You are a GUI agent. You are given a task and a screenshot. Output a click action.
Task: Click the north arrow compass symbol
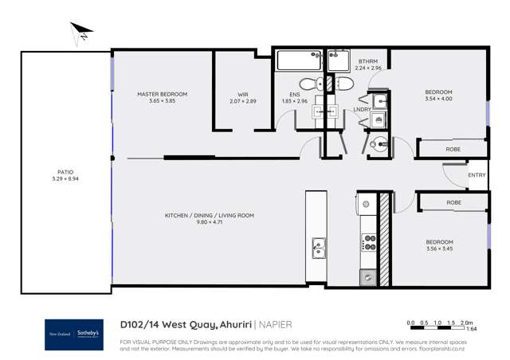click(81, 33)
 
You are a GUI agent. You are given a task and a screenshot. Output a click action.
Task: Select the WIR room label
click(243, 94)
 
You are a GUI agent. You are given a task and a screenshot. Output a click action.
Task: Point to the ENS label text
click(295, 94)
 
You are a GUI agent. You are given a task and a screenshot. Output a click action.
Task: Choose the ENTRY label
click(477, 175)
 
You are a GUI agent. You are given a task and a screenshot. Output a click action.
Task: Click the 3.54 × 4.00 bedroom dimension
click(438, 100)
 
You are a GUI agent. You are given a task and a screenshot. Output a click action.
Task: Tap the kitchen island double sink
click(318, 249)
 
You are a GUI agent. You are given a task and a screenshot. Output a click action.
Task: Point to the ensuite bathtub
click(297, 60)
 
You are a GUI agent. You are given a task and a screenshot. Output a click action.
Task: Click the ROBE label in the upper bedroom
click(453, 149)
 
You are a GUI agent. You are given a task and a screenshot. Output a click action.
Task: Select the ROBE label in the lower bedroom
click(453, 202)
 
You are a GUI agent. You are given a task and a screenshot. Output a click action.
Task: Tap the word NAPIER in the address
click(275, 324)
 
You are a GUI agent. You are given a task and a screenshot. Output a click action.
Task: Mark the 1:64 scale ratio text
click(471, 329)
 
